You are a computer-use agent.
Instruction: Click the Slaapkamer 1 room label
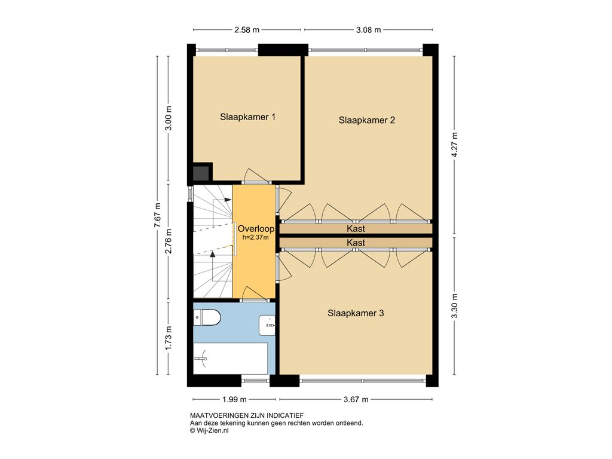click(247, 117)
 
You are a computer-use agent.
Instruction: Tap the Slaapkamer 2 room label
click(366, 120)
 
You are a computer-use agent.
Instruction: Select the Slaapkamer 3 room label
click(356, 313)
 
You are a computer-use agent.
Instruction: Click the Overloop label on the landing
click(256, 229)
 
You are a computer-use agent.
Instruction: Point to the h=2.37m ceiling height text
click(255, 237)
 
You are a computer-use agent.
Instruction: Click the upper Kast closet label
click(356, 229)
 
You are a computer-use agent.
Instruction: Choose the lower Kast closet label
click(356, 243)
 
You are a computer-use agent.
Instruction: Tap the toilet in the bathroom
click(207, 317)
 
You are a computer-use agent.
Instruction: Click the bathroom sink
click(267, 325)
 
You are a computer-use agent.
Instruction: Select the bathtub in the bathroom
click(230, 359)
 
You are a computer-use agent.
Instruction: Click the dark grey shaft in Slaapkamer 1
click(201, 173)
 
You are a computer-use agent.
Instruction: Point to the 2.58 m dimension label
click(247, 30)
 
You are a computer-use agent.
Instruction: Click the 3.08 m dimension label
click(368, 30)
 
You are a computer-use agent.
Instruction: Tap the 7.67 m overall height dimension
click(157, 215)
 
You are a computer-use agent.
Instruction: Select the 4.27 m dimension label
click(454, 145)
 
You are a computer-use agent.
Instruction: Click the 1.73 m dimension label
click(168, 338)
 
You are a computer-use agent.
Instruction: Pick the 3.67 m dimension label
click(356, 399)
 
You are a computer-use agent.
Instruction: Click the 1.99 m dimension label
click(234, 399)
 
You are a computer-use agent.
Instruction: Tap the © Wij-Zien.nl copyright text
click(209, 430)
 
